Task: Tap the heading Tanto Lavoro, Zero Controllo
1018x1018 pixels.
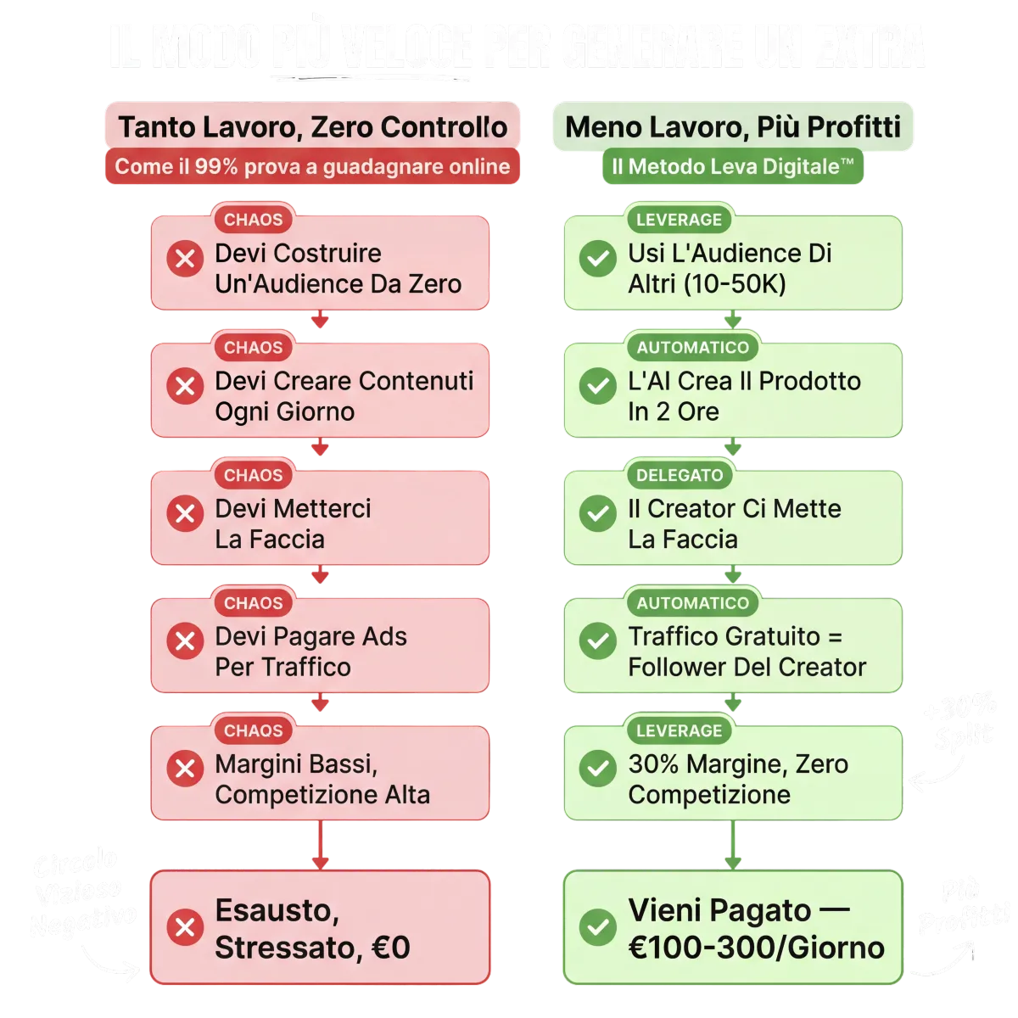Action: [312, 127]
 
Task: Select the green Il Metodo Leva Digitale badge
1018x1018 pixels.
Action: [732, 166]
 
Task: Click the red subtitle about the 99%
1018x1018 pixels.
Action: [312, 166]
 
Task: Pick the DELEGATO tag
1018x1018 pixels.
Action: [680, 475]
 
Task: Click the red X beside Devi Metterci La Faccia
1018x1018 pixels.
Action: [184, 514]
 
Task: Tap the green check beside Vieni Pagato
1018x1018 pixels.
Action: [597, 927]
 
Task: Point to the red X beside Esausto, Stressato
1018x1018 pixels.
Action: [184, 927]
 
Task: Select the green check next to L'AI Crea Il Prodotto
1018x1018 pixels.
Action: [597, 386]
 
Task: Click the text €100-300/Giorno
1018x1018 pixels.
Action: [756, 947]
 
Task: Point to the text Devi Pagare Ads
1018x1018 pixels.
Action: [310, 636]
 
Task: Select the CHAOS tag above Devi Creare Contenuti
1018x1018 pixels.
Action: [253, 347]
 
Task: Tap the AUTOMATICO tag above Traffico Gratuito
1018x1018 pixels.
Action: [692, 603]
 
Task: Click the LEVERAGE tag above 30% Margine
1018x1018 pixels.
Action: [679, 730]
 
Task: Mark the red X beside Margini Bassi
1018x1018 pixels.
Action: [184, 769]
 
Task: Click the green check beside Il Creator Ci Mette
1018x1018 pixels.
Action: [597, 514]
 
